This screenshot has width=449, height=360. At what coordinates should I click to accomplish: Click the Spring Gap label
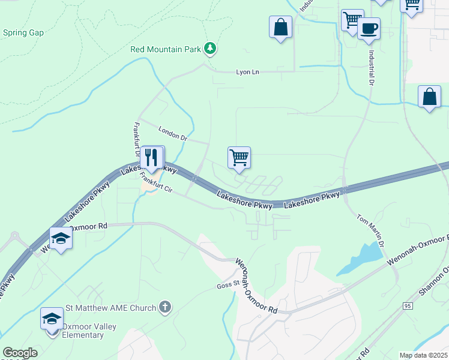pos(23,32)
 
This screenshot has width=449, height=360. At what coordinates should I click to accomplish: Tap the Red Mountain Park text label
pos(166,49)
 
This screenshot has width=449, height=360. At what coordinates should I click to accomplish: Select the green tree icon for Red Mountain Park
pos(209,48)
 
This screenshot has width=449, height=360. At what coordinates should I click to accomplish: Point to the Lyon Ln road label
pos(247,72)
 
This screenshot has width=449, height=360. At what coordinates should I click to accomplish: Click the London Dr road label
pos(173,133)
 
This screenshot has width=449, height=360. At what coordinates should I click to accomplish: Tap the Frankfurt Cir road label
pos(157,183)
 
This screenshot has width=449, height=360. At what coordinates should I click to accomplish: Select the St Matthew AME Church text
pos(110,308)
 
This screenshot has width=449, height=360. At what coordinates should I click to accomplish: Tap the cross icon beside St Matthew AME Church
pos(165,308)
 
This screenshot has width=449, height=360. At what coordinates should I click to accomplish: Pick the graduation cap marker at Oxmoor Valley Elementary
pos(52,318)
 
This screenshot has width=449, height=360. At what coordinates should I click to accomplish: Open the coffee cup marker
pos(369,28)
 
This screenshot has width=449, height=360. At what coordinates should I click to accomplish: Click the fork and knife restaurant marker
pos(152,157)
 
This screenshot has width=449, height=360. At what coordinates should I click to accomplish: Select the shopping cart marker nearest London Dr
pos(239,157)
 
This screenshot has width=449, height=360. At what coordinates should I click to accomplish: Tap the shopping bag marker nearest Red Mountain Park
pos(280,26)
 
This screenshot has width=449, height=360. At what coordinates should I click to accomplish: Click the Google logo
pos(20,353)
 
